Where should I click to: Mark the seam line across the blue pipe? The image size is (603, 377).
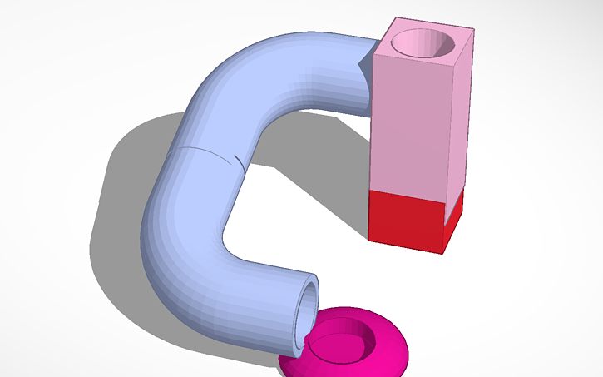(208, 155)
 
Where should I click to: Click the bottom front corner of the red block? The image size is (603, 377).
(442, 252)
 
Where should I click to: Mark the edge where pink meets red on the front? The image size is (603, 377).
(408, 196)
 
